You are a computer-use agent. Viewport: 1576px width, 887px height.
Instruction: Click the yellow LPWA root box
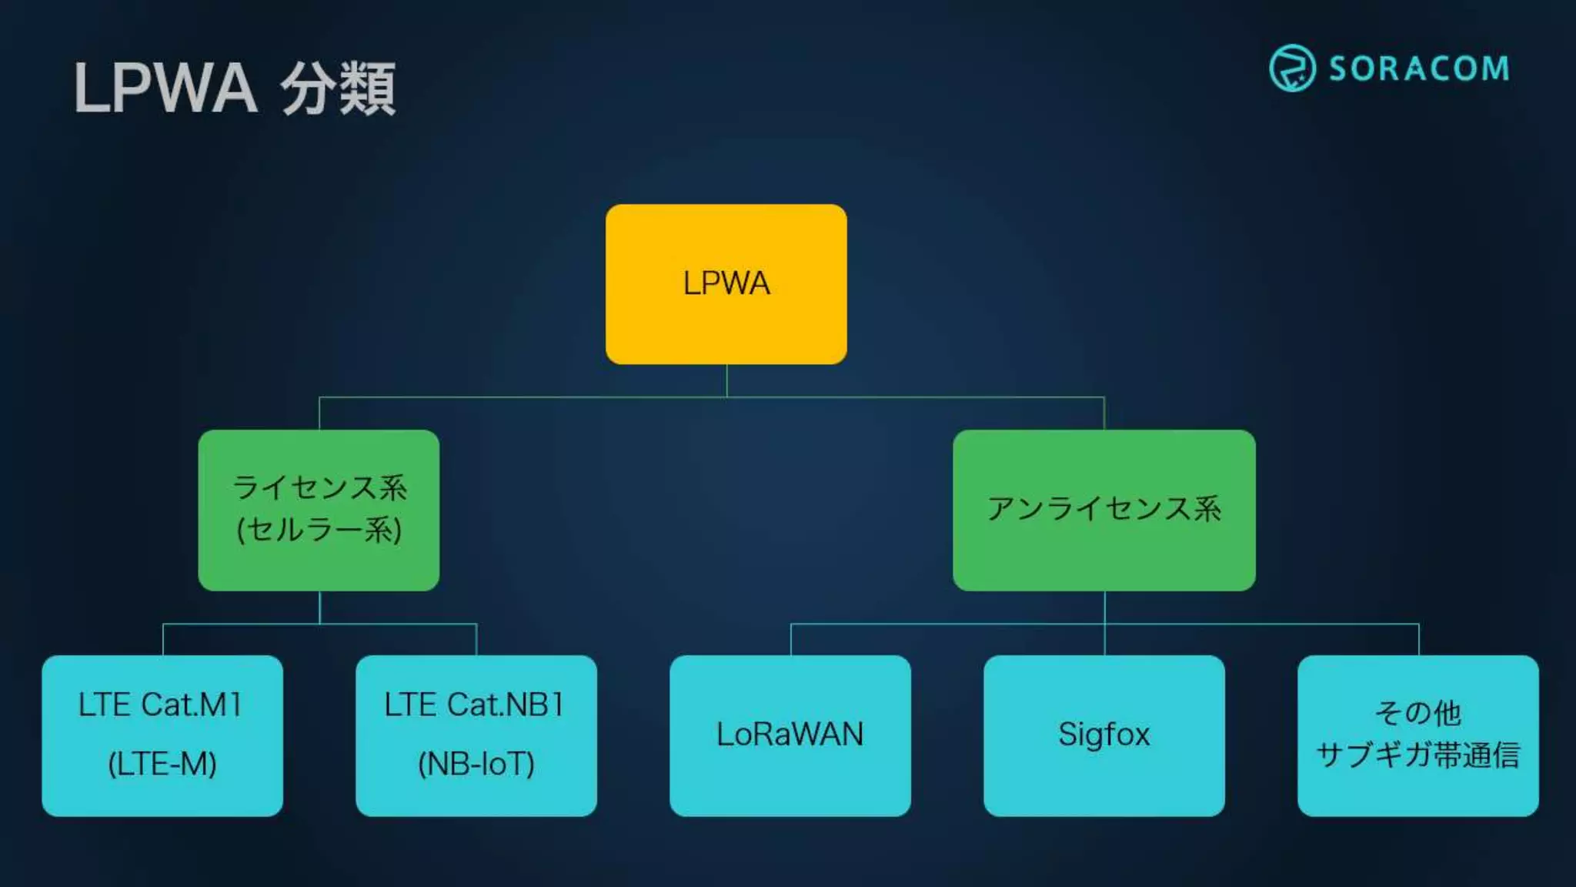click(726, 283)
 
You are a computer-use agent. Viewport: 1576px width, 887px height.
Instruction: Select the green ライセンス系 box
click(319, 510)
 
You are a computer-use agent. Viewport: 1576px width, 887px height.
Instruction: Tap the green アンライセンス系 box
click(1104, 510)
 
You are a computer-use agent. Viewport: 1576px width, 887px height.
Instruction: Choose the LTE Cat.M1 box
click(162, 735)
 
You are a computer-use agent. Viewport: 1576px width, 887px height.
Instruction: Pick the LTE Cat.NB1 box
click(476, 735)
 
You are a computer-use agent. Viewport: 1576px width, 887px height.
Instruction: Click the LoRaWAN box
click(790, 735)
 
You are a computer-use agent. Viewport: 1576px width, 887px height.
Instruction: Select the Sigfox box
click(1104, 735)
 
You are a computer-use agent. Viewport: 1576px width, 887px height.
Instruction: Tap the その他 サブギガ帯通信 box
click(1417, 735)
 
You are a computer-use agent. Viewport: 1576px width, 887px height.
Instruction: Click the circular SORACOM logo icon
click(1292, 68)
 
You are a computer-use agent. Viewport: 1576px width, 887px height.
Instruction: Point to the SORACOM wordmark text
click(1419, 69)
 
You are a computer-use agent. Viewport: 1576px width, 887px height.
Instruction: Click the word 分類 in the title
click(339, 89)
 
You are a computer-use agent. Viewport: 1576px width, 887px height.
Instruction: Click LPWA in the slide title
click(165, 89)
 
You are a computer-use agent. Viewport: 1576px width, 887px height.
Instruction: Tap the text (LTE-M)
click(162, 764)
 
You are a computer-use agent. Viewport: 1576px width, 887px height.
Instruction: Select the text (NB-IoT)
click(476, 764)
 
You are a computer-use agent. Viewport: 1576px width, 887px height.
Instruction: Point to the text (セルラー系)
click(319, 531)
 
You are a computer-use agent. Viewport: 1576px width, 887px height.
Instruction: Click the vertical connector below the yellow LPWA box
click(726, 380)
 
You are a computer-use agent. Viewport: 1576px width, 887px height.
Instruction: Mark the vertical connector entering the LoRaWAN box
click(791, 639)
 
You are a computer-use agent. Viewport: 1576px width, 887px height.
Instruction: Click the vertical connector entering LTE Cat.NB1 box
click(476, 639)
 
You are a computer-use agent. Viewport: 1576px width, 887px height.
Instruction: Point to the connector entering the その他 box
click(1418, 639)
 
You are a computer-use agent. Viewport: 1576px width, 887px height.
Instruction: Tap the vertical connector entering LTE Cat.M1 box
click(163, 639)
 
